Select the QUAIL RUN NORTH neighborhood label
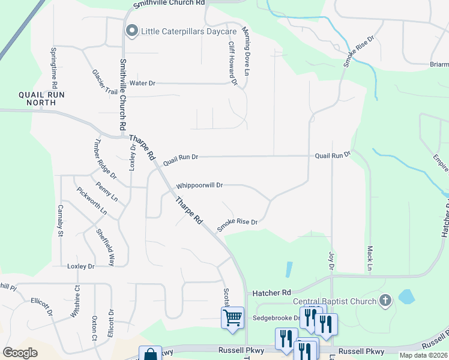[x=41, y=98]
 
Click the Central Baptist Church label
[x=334, y=301]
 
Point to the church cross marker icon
[x=385, y=301]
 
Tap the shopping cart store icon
[x=232, y=317]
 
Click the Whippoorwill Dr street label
[x=199, y=186]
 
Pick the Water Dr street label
[x=142, y=83]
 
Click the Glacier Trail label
[x=105, y=82]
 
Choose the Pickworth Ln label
[x=92, y=202]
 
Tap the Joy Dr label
[x=331, y=260]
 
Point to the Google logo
[x=20, y=353]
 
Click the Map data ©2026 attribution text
[x=424, y=355]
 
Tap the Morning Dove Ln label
[x=246, y=51]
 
